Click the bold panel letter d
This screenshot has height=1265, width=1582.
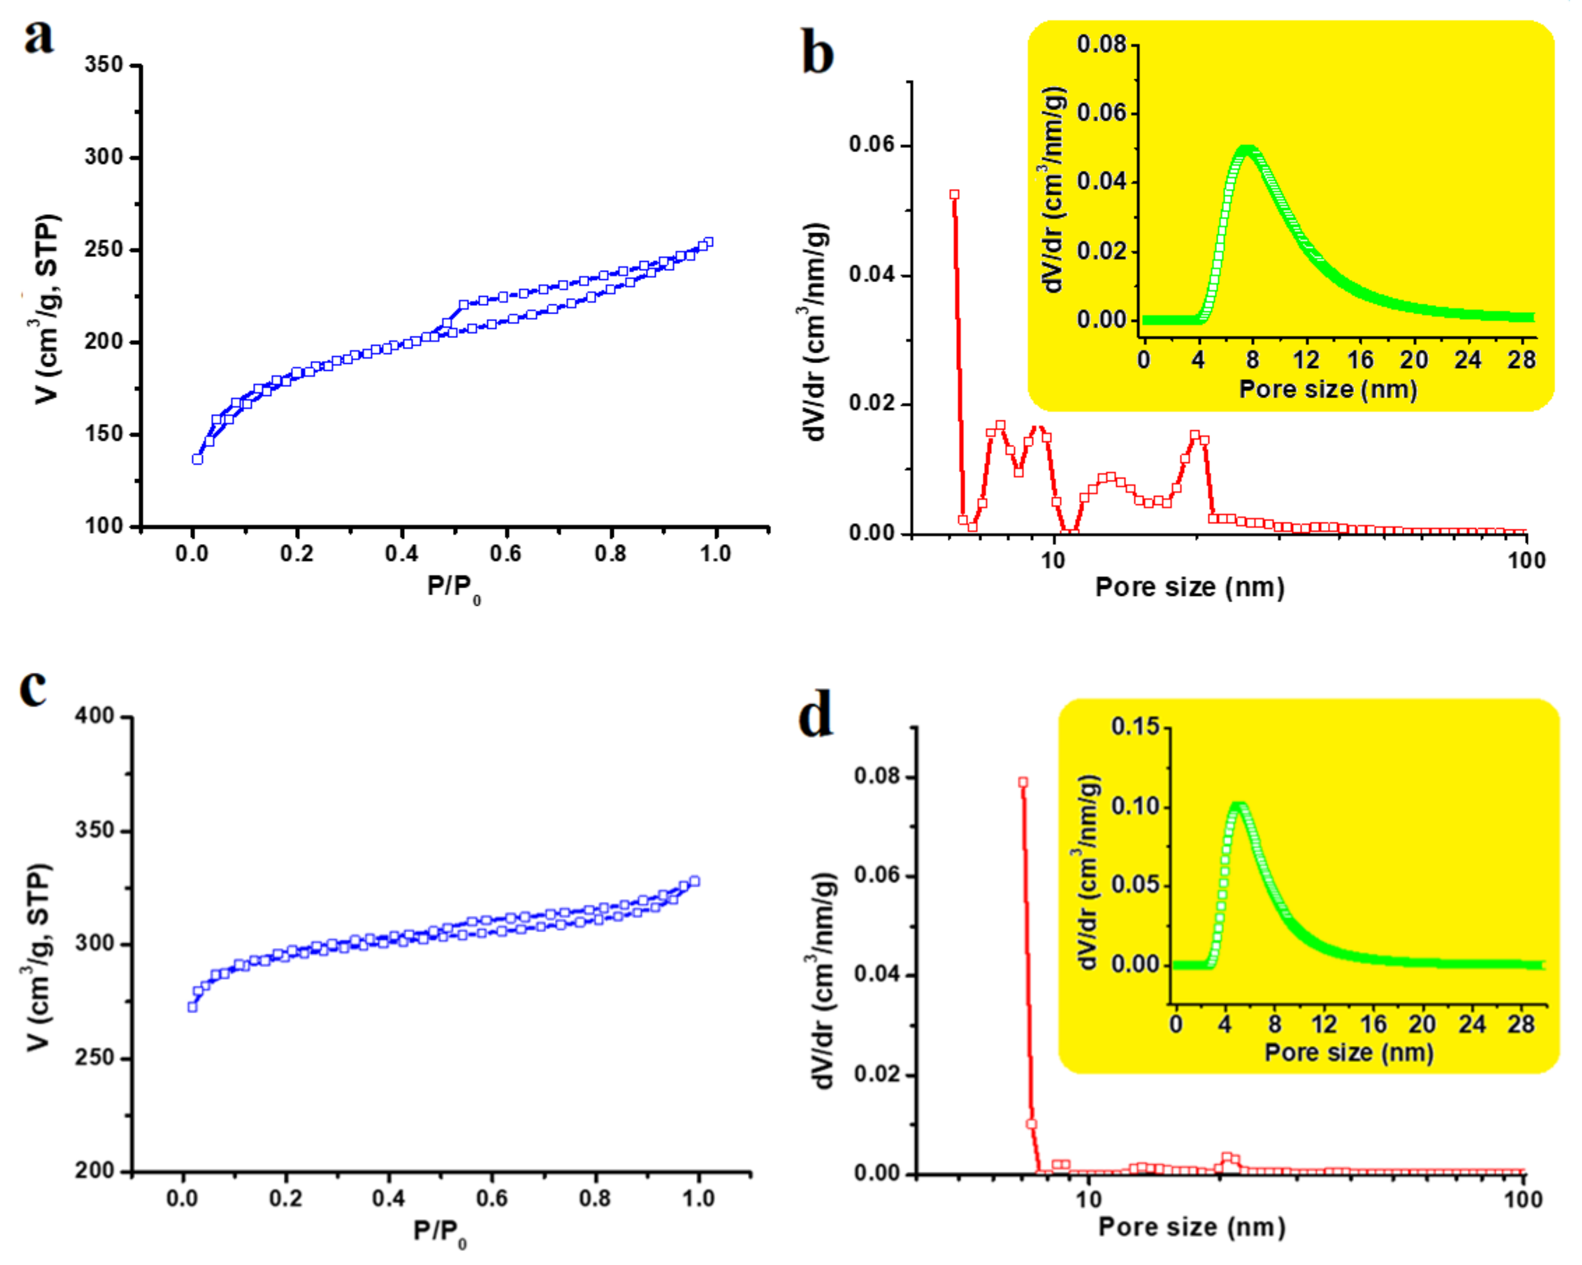(x=815, y=716)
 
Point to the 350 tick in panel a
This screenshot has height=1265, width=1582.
(x=104, y=65)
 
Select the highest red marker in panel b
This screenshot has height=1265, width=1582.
(x=954, y=194)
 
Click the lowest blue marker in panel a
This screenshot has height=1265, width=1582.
(x=197, y=459)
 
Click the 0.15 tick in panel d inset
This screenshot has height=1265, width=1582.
(x=1135, y=727)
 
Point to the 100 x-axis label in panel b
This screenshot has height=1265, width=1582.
(x=1526, y=561)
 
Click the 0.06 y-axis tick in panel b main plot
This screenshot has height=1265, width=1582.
(x=873, y=145)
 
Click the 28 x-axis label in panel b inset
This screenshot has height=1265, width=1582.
(x=1521, y=360)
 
